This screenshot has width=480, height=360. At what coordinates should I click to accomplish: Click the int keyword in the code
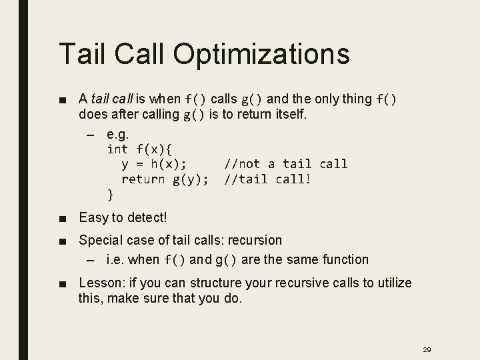click(117, 148)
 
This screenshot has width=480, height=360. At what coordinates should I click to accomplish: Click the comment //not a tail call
click(285, 164)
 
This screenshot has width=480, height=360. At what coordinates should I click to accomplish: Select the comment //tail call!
click(267, 179)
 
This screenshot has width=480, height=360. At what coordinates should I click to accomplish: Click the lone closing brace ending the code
click(110, 195)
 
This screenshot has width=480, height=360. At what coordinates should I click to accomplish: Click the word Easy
click(93, 217)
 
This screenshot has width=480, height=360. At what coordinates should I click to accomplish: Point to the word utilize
click(393, 283)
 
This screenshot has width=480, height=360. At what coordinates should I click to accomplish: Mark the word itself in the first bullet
click(287, 114)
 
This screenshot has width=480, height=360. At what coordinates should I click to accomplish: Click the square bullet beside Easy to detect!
click(62, 218)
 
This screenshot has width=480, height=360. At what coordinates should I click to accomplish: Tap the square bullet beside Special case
click(62, 240)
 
